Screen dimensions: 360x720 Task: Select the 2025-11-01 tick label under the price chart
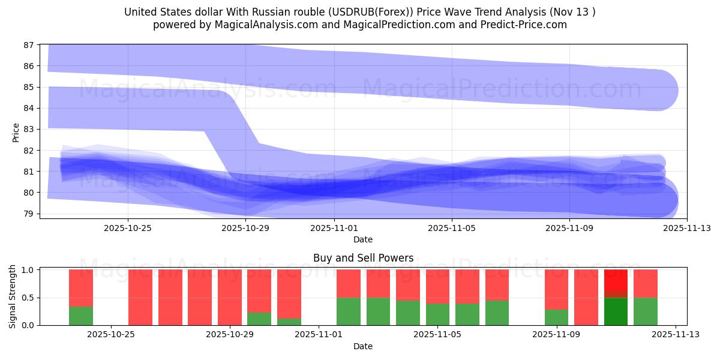click(334, 228)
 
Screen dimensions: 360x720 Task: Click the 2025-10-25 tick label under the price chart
click(128, 228)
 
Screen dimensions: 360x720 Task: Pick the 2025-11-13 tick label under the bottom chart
click(675, 335)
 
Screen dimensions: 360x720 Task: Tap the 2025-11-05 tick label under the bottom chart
click(437, 335)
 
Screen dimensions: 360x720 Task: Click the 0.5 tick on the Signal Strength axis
click(28, 298)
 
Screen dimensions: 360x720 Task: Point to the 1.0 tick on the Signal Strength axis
click(28, 270)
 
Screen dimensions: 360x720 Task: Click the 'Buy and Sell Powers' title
click(363, 258)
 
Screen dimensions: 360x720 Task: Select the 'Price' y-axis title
click(16, 132)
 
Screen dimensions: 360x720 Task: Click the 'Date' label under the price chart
click(363, 239)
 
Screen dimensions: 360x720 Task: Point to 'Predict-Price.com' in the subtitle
click(518, 25)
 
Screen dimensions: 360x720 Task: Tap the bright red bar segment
click(616, 280)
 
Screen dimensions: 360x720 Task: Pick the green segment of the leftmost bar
click(81, 316)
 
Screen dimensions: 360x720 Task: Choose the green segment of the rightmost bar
click(646, 311)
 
